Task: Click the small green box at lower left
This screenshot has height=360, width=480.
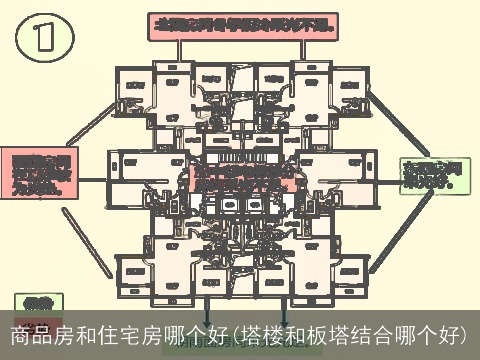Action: (37, 301)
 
